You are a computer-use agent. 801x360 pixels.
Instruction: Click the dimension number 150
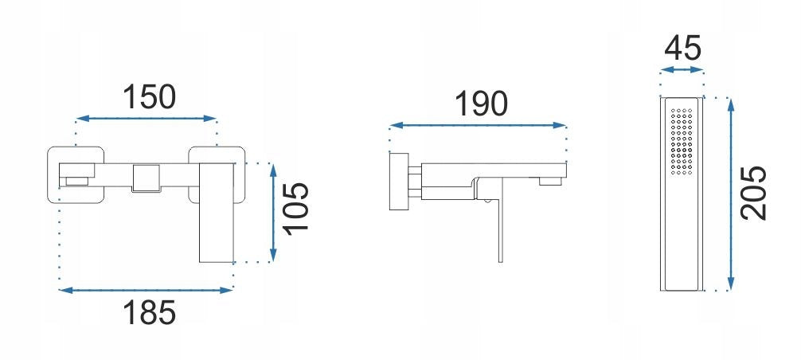[149, 97]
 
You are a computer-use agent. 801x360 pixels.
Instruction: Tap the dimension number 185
[149, 312]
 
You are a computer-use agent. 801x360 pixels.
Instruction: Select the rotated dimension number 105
[297, 209]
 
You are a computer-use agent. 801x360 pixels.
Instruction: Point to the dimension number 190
[481, 104]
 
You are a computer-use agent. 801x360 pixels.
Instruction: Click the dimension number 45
[682, 49]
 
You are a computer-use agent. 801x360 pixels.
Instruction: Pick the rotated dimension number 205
[754, 193]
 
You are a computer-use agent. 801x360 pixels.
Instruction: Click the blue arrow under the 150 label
[146, 119]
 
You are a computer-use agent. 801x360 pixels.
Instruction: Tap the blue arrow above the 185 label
[146, 290]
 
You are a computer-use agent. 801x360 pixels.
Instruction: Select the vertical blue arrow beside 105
[273, 213]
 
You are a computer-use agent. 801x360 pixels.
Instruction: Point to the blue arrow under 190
[479, 125]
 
